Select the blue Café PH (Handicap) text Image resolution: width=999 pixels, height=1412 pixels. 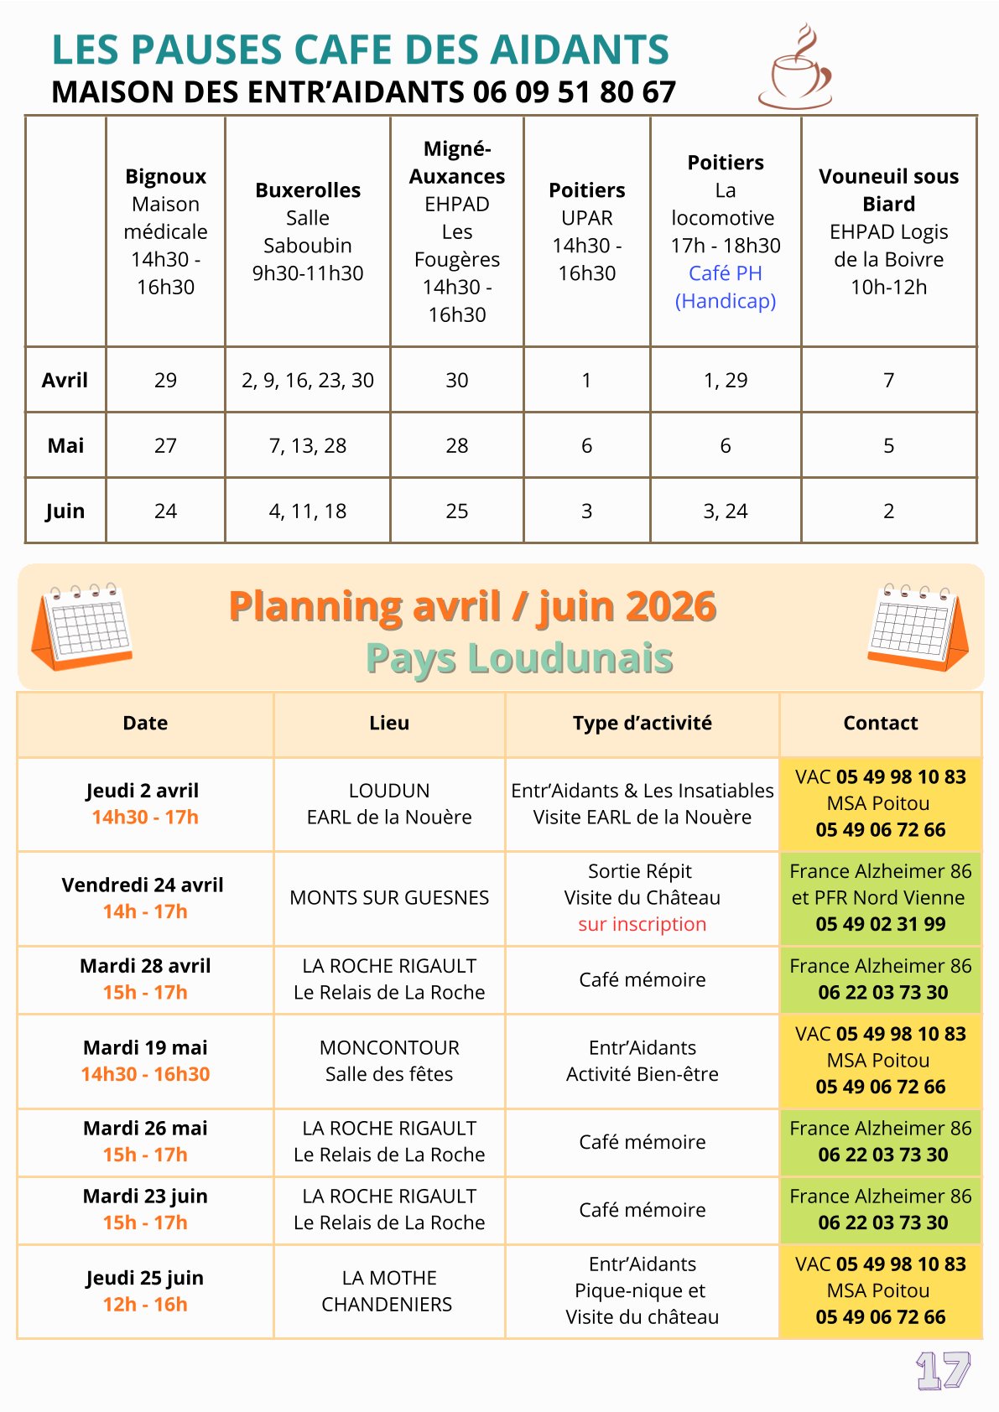click(726, 287)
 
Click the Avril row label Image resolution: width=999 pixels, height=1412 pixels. click(65, 380)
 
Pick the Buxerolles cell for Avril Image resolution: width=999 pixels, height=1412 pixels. click(308, 380)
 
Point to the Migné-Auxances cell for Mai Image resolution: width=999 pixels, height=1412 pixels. click(457, 445)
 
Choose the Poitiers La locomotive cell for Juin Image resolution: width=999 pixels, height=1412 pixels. click(726, 511)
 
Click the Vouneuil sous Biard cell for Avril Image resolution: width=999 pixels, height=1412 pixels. click(888, 380)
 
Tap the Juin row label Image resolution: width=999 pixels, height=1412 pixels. click(65, 511)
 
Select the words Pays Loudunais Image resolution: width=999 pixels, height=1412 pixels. click(519, 658)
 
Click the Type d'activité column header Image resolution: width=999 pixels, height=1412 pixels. click(642, 723)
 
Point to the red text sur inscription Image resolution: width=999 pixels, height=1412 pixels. click(642, 924)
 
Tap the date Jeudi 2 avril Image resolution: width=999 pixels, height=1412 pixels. click(143, 791)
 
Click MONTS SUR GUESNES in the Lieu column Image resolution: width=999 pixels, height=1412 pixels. click(389, 897)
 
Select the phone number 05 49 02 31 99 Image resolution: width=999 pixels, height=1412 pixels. click(880, 924)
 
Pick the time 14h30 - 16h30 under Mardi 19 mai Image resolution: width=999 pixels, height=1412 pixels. click(145, 1074)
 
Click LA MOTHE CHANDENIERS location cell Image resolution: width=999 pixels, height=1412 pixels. click(388, 1290)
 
